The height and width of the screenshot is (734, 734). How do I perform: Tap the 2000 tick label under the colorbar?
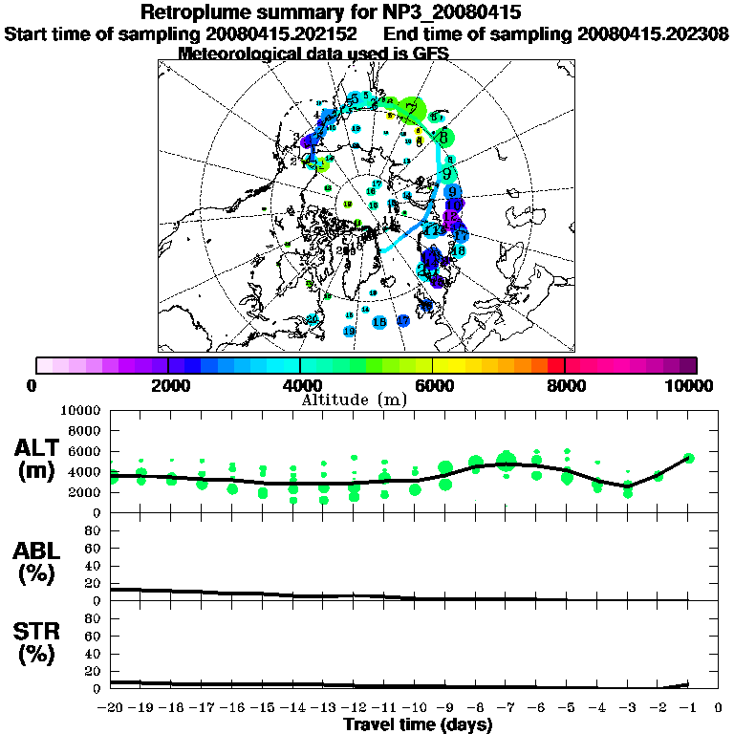tap(168, 385)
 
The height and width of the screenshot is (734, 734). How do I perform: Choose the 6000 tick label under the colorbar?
tap(433, 385)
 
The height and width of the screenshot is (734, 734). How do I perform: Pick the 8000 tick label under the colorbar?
tap(565, 385)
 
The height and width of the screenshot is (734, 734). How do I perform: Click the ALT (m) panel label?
tap(39, 458)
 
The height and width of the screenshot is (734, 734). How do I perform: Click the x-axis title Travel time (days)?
tap(418, 724)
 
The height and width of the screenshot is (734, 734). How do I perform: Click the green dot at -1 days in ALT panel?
tap(688, 458)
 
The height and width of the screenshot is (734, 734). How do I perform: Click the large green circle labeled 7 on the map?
tap(412, 110)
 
